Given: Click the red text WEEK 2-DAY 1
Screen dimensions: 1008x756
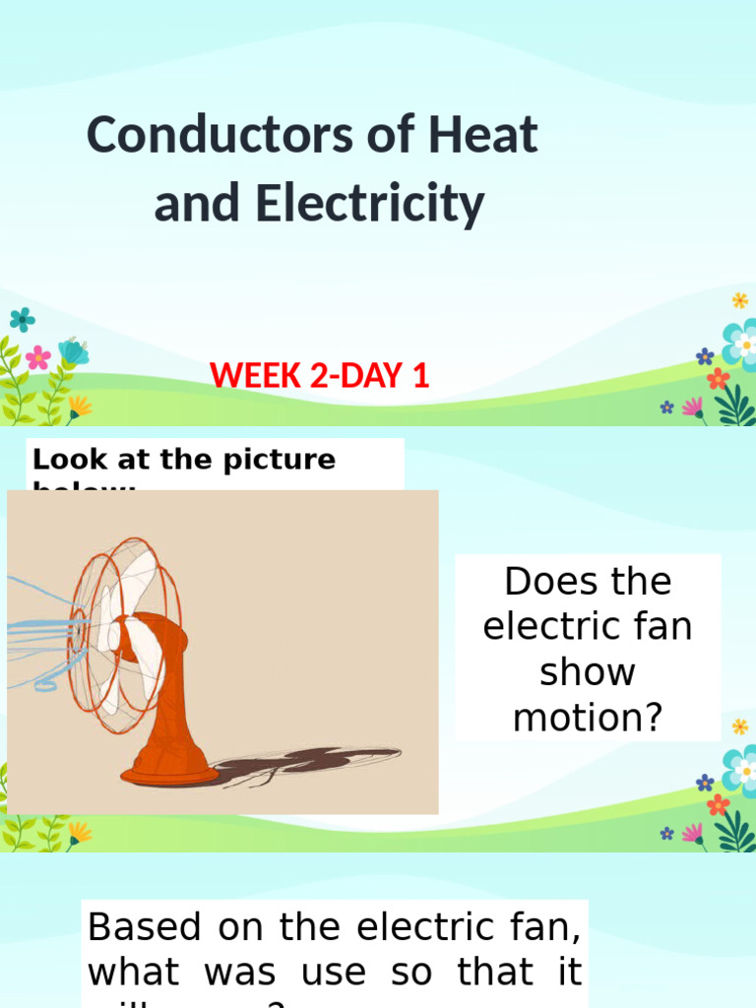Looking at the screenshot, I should coord(320,375).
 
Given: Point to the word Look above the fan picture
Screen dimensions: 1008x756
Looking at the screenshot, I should coord(62,460).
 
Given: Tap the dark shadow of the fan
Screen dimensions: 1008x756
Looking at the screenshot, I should coord(305,761).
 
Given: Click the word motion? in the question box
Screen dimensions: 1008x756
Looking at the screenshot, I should coord(588,718).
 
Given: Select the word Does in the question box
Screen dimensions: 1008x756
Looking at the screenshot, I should coord(544,582).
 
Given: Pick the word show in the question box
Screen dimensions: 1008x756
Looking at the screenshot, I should coord(588,672).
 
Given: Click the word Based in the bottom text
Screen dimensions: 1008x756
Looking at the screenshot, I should coord(145,926).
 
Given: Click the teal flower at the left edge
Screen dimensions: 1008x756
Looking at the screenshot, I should coord(22,319).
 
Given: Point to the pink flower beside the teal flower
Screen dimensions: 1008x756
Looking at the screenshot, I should coord(38,356).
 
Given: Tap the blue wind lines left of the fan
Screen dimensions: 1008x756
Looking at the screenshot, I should coord(39,630).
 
